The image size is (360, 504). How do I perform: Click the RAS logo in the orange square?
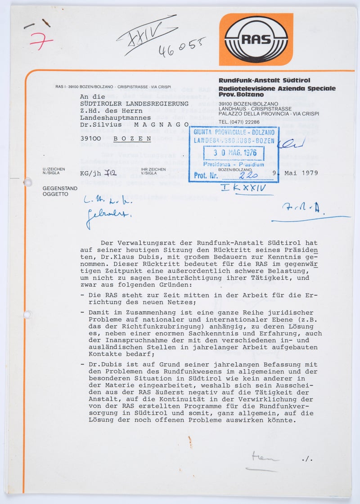(256, 39)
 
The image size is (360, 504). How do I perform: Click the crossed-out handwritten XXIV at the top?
(147, 33)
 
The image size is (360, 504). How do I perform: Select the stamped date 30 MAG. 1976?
(234, 153)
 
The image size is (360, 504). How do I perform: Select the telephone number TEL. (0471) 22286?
(239, 122)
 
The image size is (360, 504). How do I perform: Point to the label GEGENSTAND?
(60, 188)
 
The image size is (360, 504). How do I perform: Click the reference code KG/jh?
(89, 173)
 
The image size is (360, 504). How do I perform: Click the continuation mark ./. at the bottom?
(307, 459)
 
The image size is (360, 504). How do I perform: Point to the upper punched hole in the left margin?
(28, 182)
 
